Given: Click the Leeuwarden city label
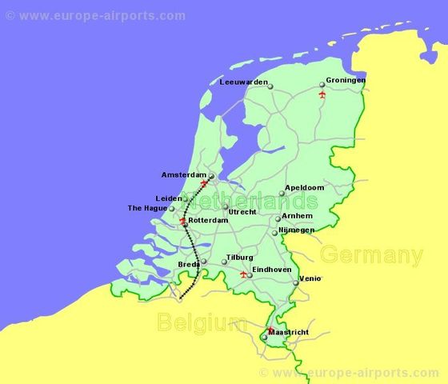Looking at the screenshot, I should coord(243,82).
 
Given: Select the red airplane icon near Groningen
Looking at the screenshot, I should coord(322,94).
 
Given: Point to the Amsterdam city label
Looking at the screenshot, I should coord(183,174).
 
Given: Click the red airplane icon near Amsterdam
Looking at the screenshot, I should coord(205,183).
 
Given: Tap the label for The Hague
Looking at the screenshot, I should coord(147,209).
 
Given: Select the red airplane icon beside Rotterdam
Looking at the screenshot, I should coord(183,220).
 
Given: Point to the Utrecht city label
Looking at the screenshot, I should coord(242,211).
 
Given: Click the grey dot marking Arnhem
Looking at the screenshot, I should coord(278,218).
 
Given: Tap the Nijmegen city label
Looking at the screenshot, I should coord(296,230).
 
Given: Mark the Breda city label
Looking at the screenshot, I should coord(189,263).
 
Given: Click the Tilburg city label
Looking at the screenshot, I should coord(240,257).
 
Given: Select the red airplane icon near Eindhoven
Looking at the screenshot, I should coord(243,274).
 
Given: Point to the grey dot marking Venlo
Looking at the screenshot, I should coord(295,282).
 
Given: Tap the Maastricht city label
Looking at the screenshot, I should coord(288,331).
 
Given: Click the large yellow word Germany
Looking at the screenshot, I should coord(371,256).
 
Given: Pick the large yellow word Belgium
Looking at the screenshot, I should coord(201,323).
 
